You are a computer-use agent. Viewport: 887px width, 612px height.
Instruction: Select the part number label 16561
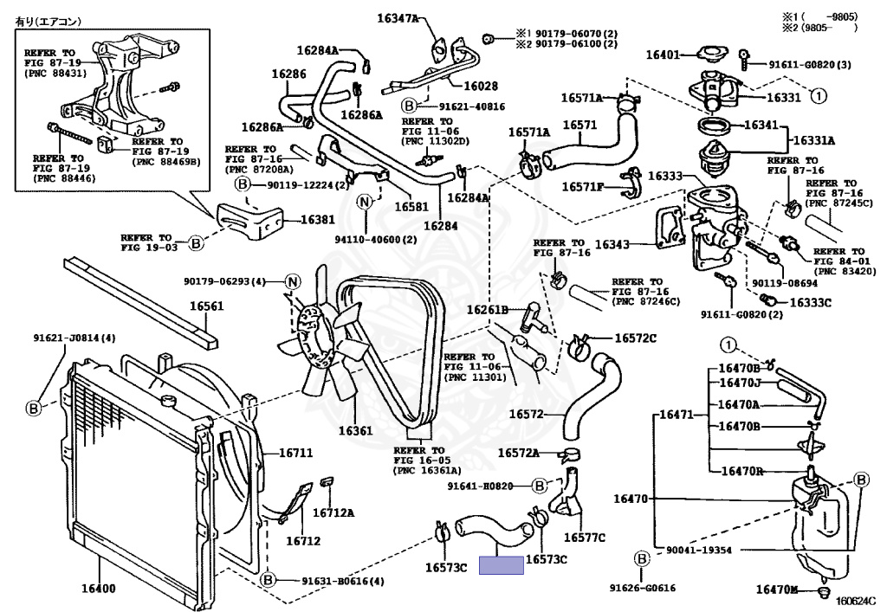[x=207, y=306]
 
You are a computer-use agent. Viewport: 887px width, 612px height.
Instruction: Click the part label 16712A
[x=333, y=512]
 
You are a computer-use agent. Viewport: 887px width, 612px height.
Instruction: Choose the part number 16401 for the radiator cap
[x=664, y=55]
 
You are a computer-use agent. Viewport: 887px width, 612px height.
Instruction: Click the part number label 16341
[x=764, y=125]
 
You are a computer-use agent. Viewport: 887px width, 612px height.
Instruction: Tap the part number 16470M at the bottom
[x=776, y=589]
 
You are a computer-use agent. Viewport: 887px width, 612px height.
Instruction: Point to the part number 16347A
[x=397, y=17]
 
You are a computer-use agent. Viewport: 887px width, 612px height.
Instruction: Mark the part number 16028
[x=481, y=86]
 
